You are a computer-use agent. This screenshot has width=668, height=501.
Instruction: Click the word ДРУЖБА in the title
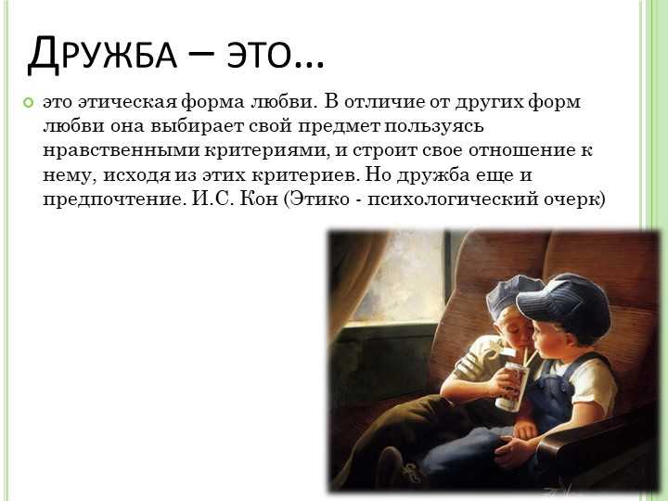coord(102,54)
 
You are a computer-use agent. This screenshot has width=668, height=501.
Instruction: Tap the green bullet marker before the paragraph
coord(28,103)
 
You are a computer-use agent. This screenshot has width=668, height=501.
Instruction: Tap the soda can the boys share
coord(512,385)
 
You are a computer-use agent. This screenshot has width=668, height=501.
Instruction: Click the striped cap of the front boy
coord(564,302)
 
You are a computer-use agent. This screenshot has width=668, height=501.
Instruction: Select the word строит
coord(385,151)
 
